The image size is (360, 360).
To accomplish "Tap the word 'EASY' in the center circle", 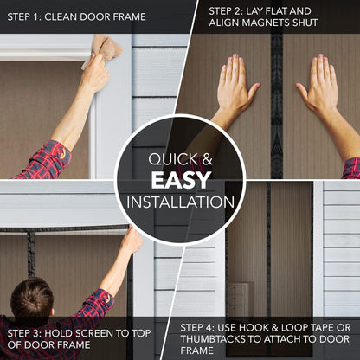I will (x=180, y=180).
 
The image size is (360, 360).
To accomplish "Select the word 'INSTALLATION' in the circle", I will (x=180, y=202).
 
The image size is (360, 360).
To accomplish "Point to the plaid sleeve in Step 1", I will (x=48, y=160).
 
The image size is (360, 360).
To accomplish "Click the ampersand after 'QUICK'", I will (x=207, y=159).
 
